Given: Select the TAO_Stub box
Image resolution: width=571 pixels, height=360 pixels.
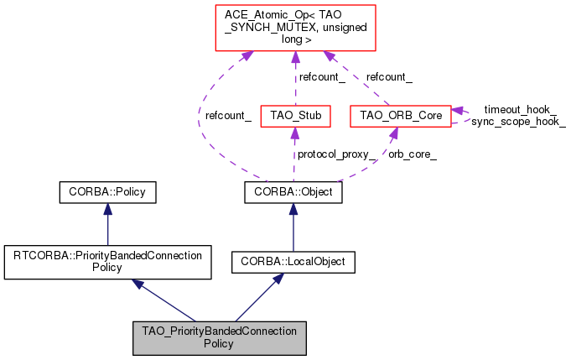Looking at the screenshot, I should tap(293, 115).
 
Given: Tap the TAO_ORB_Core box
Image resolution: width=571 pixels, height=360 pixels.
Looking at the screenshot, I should tap(400, 115).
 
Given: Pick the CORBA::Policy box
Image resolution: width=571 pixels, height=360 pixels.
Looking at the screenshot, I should tap(108, 193).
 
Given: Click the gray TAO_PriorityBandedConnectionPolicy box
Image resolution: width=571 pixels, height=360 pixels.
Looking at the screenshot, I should tap(219, 337).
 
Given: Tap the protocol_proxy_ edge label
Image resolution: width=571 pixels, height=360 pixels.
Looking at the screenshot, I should tap(335, 154).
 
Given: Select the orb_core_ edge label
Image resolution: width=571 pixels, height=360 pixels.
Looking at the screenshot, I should tap(413, 154).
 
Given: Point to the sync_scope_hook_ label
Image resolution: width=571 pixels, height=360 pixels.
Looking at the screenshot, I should tap(518, 122).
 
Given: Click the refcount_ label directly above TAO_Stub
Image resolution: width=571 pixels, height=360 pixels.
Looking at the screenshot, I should tap(323, 77).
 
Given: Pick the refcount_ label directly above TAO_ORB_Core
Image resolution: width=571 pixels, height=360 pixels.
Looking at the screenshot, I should tap(388, 77).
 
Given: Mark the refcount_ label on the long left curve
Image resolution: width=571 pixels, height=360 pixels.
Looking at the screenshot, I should tap(228, 116).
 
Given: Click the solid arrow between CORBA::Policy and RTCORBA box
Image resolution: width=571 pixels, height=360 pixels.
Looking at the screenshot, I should tap(108, 224).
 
